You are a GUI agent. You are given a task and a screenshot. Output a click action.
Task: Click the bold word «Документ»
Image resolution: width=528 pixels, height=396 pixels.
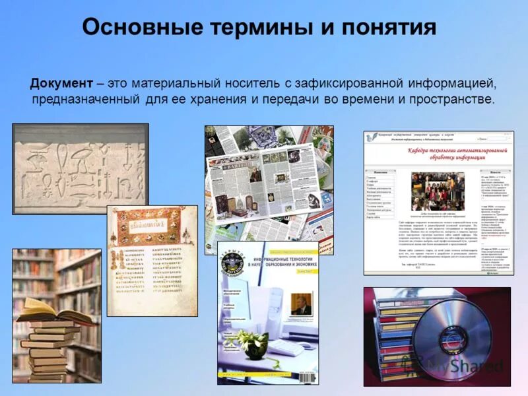[61, 84]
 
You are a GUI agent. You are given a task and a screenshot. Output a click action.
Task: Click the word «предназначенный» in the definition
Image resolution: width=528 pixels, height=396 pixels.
[85, 100]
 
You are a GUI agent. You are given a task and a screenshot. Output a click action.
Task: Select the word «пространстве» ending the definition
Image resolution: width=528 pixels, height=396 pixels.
[451, 100]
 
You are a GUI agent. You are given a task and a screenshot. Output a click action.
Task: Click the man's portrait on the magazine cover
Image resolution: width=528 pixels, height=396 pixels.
[302, 304]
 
